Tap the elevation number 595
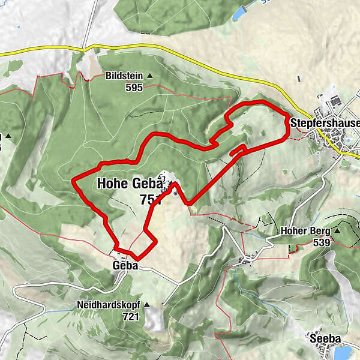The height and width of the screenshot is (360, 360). click(x=134, y=87)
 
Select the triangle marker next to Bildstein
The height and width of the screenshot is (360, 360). click(x=149, y=76)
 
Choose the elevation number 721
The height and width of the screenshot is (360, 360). click(x=130, y=316)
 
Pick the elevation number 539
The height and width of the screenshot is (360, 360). click(x=322, y=242)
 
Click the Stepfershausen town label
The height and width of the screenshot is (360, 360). click(x=325, y=123)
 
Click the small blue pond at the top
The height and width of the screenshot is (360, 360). click(x=240, y=11)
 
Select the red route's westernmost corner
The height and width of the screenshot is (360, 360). click(x=73, y=179)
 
